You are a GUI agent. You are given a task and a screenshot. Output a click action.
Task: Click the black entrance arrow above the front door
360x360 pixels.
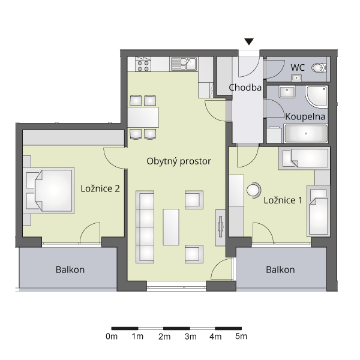point(249,41)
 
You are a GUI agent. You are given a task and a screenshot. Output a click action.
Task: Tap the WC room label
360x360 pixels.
point(298,68)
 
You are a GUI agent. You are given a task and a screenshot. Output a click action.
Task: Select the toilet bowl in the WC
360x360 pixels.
point(319,68)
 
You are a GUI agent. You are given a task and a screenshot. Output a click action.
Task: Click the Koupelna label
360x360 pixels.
point(305,116)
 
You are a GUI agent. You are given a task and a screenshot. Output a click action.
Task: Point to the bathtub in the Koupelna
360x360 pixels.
point(306,133)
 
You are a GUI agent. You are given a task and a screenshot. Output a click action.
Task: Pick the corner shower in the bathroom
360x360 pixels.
point(316,97)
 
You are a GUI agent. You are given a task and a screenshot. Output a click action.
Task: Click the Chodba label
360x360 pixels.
point(245,88)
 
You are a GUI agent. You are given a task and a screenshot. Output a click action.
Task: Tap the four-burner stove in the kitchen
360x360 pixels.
point(143,64)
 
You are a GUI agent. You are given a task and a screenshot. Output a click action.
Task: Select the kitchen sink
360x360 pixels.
point(184,64)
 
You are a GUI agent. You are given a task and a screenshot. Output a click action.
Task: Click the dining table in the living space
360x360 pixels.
point(143,117)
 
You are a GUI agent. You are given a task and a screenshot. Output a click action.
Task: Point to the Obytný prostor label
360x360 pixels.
point(179,161)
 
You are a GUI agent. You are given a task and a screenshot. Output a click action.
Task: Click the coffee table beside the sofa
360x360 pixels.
point(171,227)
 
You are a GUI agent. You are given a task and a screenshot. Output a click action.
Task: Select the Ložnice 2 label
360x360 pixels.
point(100,189)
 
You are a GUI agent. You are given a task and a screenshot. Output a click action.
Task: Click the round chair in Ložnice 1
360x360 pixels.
point(254,190)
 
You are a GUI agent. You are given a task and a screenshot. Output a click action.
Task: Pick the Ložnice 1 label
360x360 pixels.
point(283,200)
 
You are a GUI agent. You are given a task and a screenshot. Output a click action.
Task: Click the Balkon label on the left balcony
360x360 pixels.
point(70,270)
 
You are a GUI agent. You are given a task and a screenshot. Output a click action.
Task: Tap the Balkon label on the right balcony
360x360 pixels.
point(280,270)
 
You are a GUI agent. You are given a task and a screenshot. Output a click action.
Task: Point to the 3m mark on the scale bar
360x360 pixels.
point(190,329)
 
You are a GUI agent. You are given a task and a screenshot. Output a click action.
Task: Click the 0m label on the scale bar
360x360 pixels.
point(112,337)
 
